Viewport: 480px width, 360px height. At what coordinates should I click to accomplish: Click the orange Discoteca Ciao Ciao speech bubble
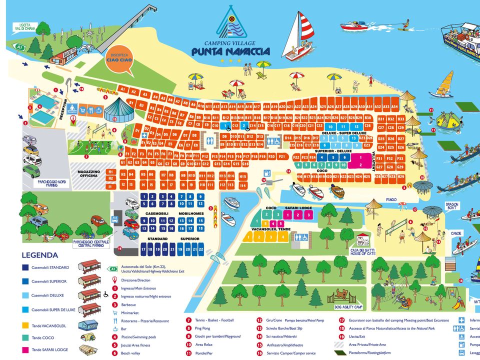click(120, 60)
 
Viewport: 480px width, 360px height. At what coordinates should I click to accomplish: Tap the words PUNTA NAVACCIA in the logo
click(230, 51)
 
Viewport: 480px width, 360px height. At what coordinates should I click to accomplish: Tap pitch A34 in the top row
click(394, 107)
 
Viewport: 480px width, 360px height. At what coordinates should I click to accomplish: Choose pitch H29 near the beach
click(400, 176)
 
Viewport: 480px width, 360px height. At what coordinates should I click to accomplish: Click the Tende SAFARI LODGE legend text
click(49, 349)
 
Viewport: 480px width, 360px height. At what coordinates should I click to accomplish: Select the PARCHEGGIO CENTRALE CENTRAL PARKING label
click(91, 243)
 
